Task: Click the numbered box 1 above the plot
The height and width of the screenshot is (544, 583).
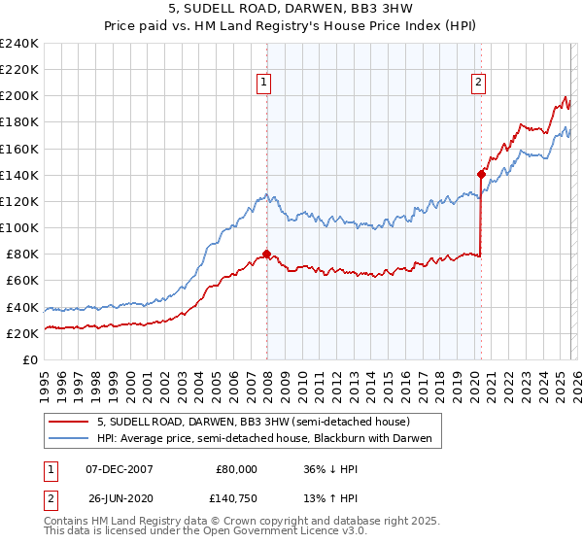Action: [265, 84]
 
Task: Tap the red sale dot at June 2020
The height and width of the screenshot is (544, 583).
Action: [481, 175]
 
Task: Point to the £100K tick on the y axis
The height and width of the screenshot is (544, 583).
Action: [19, 227]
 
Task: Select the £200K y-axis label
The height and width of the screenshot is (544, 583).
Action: [19, 96]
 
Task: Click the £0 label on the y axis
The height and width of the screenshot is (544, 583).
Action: [29, 359]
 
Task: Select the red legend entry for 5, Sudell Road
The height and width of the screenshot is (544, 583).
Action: [253, 422]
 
